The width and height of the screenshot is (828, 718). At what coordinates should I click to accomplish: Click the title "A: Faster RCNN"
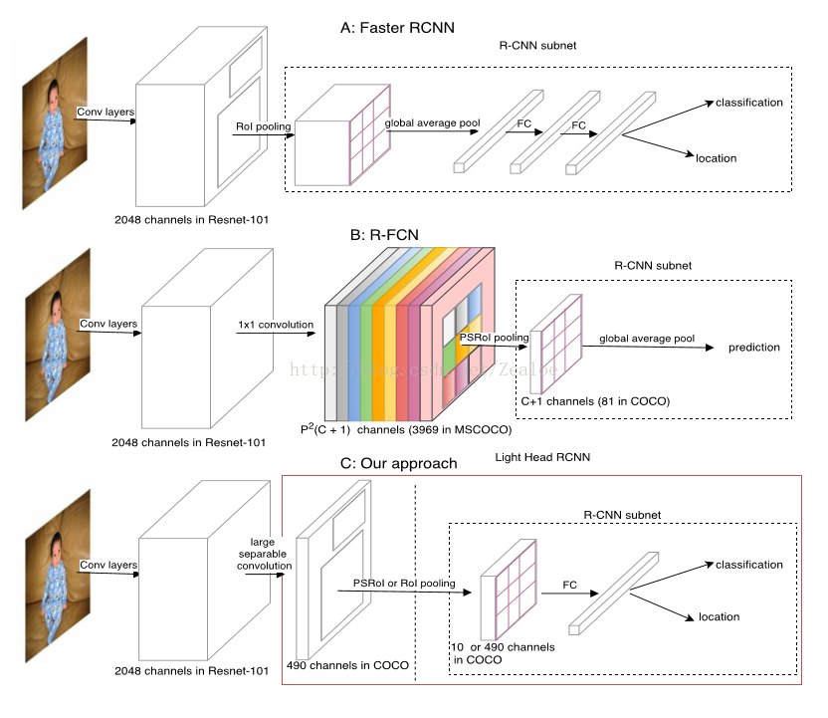point(397,28)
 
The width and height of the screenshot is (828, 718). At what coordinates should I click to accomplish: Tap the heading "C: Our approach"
point(398,464)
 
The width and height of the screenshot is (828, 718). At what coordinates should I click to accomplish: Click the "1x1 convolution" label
point(275,325)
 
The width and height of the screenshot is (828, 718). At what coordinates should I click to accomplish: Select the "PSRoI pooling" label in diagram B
point(494,338)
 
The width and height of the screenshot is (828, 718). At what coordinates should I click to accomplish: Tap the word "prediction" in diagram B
point(754,348)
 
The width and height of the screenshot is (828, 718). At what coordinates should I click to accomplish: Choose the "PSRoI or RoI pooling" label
point(403,583)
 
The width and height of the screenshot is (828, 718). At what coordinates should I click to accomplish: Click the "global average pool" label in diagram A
point(433,122)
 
